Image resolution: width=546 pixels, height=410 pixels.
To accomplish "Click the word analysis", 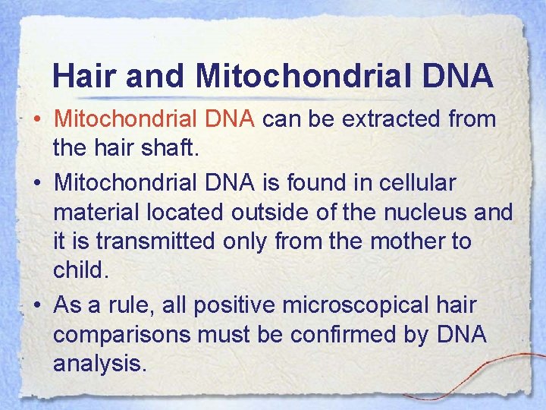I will tap(98, 364).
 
